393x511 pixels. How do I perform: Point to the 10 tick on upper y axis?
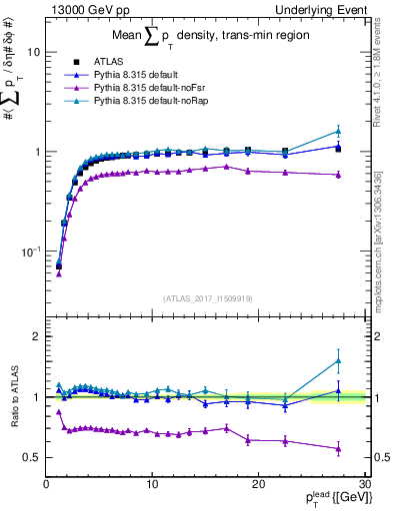click(x=32, y=52)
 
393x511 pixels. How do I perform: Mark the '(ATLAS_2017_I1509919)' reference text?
click(x=206, y=296)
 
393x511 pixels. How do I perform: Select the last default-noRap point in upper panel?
click(x=338, y=131)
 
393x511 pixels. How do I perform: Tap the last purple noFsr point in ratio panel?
click(x=338, y=449)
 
